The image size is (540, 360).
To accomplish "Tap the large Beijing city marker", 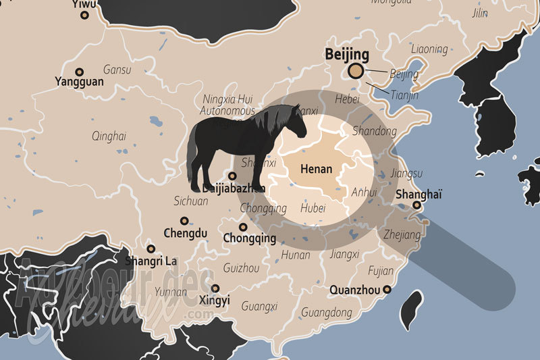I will click(356, 72).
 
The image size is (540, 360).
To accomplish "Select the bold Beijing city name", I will click(347, 54).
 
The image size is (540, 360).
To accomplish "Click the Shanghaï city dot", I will click(417, 205).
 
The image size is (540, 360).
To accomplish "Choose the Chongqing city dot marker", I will click(243, 227).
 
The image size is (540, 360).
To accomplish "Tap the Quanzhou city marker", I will click(387, 290).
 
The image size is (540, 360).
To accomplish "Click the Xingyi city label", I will click(215, 301).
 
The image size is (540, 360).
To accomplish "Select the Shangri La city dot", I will click(151, 249).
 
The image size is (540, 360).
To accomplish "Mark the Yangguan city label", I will click(79, 82).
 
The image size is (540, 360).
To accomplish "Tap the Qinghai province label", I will click(109, 136).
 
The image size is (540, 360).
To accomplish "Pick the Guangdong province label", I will click(327, 313).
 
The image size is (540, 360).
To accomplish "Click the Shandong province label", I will click(375, 131).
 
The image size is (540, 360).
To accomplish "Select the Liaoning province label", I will click(429, 49).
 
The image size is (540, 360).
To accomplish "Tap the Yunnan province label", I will click(171, 292).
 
